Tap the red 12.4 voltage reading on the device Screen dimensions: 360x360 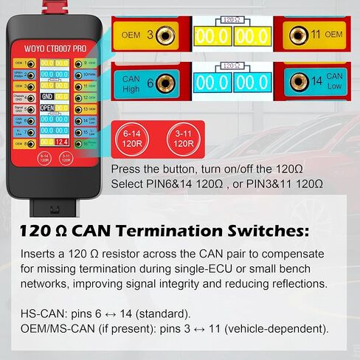(61, 141)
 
